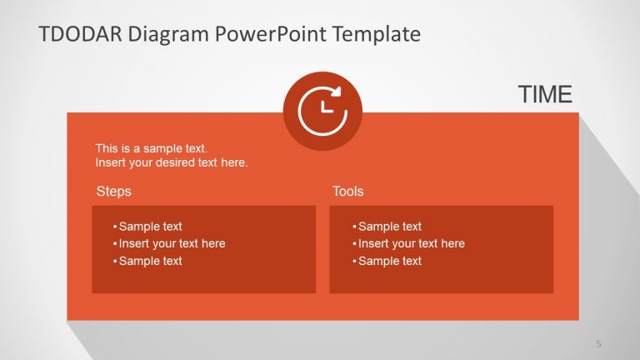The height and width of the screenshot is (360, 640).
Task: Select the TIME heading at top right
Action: (x=545, y=95)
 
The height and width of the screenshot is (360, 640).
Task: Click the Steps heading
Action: (x=114, y=192)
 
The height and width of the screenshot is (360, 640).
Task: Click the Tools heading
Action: (x=348, y=192)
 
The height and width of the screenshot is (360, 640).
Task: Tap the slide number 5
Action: (x=598, y=343)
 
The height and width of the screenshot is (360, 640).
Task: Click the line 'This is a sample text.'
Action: (x=152, y=148)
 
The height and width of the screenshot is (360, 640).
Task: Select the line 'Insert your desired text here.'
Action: (x=172, y=162)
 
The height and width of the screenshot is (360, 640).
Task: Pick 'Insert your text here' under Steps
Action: (x=172, y=243)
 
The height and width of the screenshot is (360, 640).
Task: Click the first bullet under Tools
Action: (x=389, y=227)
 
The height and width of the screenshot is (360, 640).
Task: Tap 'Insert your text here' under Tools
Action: (x=411, y=243)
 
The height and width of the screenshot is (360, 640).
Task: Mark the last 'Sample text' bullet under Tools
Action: (x=389, y=261)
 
